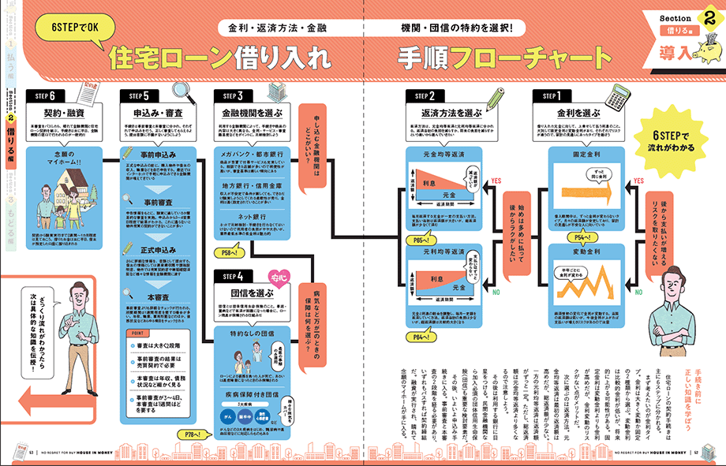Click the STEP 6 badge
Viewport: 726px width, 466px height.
(44, 95)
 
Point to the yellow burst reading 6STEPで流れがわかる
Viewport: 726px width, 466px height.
(671, 140)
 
